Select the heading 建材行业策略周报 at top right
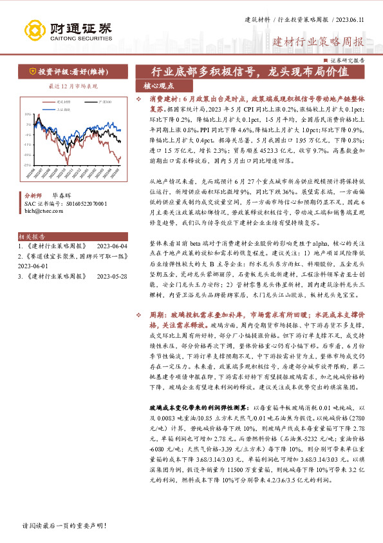pos(318,43)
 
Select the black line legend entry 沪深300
pos(102,102)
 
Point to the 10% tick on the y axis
pos(27,114)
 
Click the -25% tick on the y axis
pos(27,165)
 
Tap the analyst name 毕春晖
pos(61,193)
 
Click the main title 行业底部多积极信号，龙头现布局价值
pos(250,72)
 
